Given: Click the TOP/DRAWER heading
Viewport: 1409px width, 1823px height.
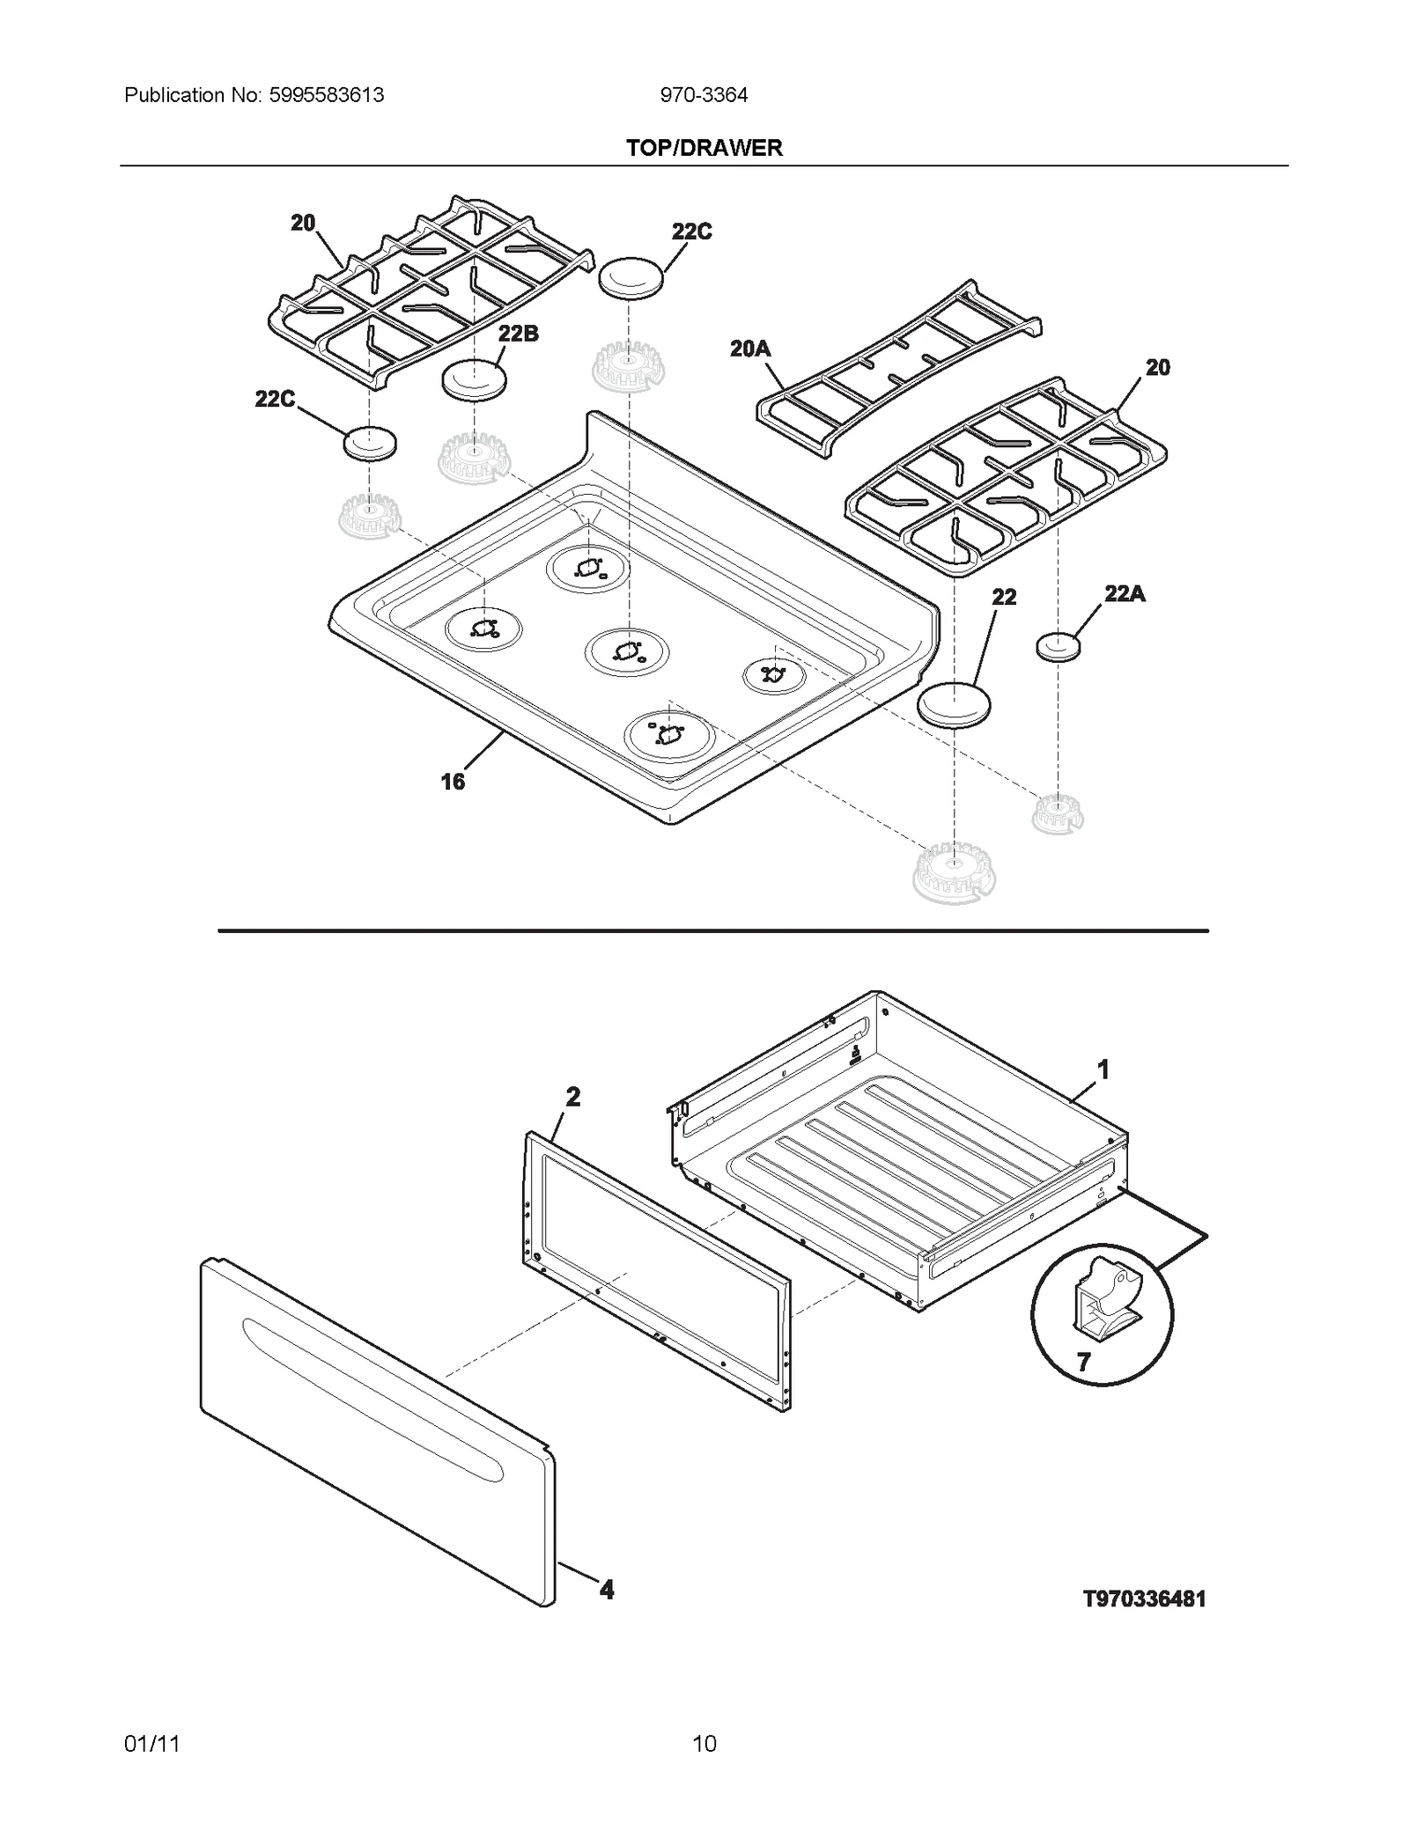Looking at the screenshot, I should [704, 148].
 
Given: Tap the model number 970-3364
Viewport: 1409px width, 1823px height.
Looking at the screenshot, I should [704, 95].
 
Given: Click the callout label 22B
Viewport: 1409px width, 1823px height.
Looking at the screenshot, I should [518, 334].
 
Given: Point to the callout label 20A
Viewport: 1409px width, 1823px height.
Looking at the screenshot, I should [749, 349].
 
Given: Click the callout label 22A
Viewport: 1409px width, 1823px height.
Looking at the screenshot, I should [1124, 594].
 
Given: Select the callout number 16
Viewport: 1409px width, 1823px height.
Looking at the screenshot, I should [453, 782].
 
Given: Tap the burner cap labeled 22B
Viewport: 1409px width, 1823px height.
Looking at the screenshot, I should [475, 380].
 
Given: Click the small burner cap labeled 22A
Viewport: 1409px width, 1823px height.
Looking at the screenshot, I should [1059, 647].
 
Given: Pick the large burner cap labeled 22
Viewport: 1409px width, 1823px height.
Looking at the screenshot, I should [954, 704].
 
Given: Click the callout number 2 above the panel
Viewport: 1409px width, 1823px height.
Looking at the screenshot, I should [573, 1097].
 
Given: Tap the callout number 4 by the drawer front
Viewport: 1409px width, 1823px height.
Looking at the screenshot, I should [607, 1590].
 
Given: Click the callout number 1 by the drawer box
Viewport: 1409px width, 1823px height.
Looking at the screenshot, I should [1103, 1070].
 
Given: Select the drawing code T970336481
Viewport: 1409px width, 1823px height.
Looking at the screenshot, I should [1143, 1599].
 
